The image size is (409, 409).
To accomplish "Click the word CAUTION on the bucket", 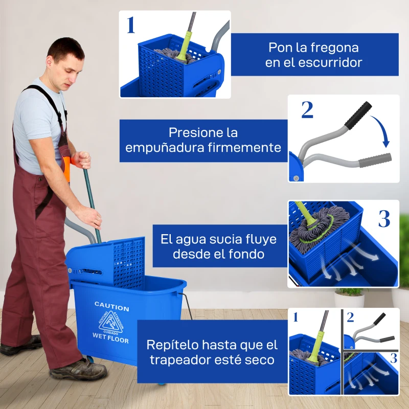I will (111, 308).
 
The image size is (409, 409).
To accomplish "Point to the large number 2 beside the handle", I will (307, 110).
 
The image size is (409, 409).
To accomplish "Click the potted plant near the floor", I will (349, 298).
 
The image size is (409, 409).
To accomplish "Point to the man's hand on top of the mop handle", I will (82, 160).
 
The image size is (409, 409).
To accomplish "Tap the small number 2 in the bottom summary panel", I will (350, 317).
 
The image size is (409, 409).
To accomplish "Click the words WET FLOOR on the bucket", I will (110, 337).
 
